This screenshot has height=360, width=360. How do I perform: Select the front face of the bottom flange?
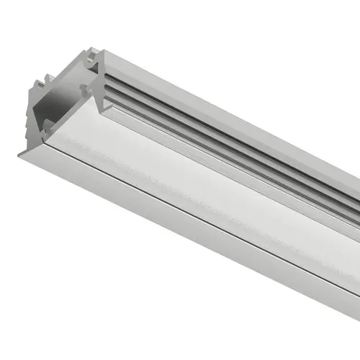pyautogui.click(x=180, y=227)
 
